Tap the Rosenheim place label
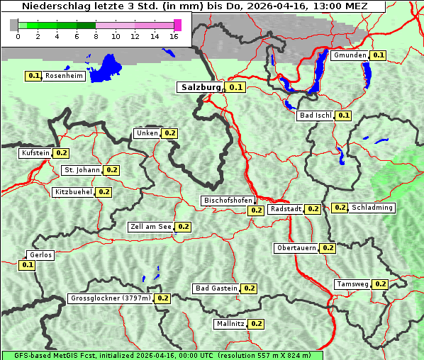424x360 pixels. click(x=65, y=75)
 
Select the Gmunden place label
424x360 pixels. click(x=350, y=55)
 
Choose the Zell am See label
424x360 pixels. click(x=151, y=227)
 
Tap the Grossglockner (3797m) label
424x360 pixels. click(x=111, y=298)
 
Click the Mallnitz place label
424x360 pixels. click(x=230, y=324)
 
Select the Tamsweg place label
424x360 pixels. click(x=352, y=284)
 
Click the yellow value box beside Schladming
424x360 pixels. click(x=340, y=208)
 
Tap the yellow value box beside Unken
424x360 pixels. click(x=169, y=133)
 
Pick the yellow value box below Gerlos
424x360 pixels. click(x=27, y=265)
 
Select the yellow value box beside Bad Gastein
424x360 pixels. click(x=249, y=288)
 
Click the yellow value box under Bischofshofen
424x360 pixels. click(x=256, y=210)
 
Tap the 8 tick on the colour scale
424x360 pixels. click(x=96, y=36)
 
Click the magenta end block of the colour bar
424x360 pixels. click(x=177, y=26)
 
